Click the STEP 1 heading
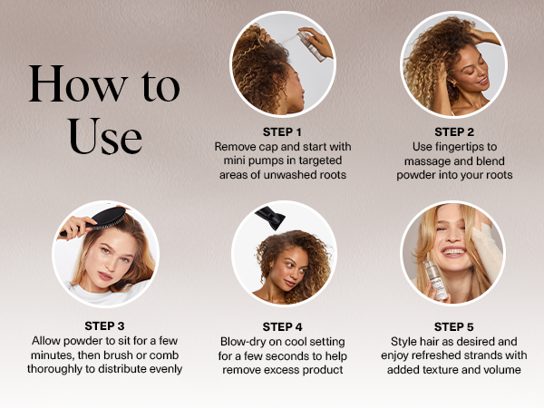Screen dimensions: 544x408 click(282, 132)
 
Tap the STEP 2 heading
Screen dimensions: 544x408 click(454, 132)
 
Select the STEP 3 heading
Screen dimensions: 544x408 click(104, 326)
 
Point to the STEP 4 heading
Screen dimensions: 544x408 click(282, 326)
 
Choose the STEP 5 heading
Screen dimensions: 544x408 click(454, 326)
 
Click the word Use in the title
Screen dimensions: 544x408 click(105, 136)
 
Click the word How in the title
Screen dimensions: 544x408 click(77, 84)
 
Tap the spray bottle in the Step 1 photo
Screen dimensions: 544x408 click(311, 45)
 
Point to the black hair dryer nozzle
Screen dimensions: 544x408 click(270, 218)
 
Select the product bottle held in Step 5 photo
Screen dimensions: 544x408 click(436, 280)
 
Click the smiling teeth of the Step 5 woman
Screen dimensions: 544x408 click(452, 251)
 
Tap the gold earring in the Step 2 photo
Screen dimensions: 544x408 click(452, 84)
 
